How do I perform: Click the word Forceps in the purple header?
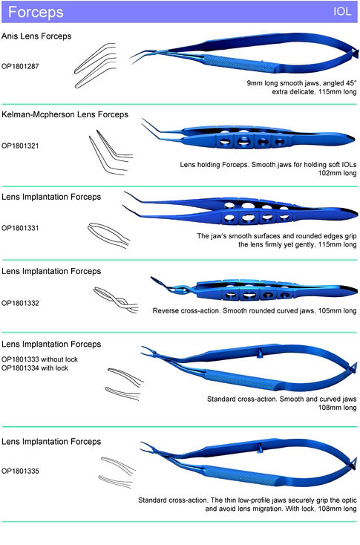[x=36, y=12]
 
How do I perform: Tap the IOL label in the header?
[x=342, y=11]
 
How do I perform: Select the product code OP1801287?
[x=20, y=66]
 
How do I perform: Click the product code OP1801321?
[x=20, y=146]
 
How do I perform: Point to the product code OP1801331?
[x=20, y=228]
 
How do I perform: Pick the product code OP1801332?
[x=20, y=303]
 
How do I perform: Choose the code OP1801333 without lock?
[x=39, y=359]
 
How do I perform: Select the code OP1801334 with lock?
[x=35, y=368]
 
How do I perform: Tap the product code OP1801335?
[x=20, y=471]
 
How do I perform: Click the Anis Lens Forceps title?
[x=36, y=36]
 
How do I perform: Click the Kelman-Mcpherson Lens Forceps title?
[x=65, y=114]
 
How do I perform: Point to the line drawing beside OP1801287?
[x=95, y=65]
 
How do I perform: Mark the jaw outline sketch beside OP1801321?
[x=111, y=152]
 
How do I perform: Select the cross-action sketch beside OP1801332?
[x=116, y=300]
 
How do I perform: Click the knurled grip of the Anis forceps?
[x=240, y=64]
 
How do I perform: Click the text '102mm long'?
[x=338, y=173]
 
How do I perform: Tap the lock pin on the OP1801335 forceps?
[x=259, y=448]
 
